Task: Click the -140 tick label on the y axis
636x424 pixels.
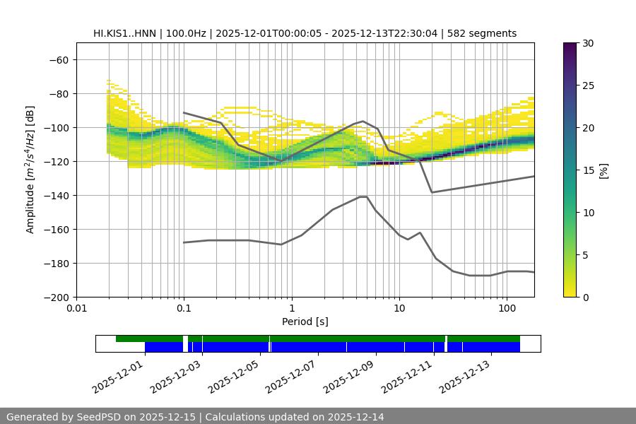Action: click(x=57, y=195)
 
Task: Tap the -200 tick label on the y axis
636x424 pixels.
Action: click(x=57, y=297)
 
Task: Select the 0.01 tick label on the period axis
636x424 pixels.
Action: click(x=76, y=309)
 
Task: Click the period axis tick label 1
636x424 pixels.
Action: click(x=291, y=309)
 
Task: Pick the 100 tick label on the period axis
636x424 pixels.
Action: click(x=506, y=309)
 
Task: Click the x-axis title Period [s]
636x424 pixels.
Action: click(x=305, y=322)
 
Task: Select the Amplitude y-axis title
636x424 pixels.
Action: click(x=30, y=170)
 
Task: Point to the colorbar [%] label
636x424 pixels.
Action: click(x=603, y=170)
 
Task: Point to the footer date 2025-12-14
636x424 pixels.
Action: click(x=354, y=417)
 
